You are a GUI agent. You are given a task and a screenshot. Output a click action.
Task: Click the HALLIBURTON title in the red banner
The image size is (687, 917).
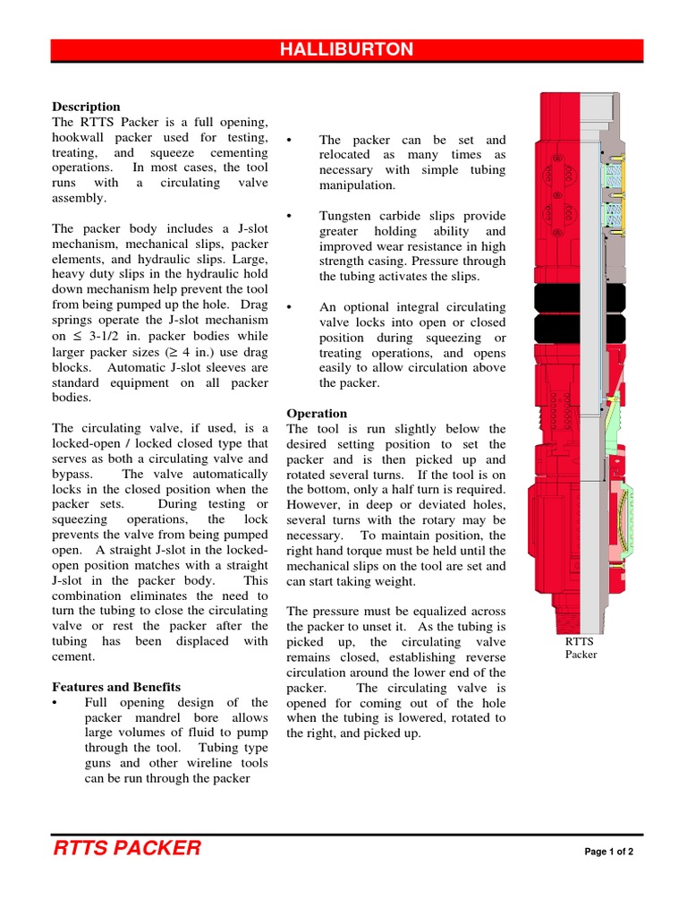[346, 50]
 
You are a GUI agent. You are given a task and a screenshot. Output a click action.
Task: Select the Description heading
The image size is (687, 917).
[86, 107]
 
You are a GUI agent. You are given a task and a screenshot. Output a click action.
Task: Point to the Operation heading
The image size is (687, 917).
[317, 413]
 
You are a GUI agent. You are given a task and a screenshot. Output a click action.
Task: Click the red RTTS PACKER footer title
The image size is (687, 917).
[127, 848]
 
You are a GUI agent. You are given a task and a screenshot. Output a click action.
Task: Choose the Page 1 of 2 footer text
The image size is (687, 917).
[608, 851]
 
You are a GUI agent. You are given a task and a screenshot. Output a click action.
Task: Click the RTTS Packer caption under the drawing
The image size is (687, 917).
[580, 647]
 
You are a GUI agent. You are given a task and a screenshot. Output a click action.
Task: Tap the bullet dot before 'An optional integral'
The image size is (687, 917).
[290, 307]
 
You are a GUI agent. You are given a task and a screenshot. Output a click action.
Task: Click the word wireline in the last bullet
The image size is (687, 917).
[191, 763]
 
